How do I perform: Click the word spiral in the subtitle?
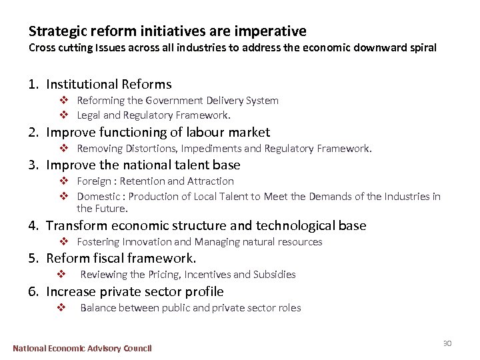[x=420, y=48]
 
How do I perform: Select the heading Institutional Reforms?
[x=109, y=84]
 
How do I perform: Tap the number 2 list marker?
[x=33, y=132]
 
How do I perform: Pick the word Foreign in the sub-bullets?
[x=95, y=181]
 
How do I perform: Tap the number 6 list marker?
[x=33, y=291]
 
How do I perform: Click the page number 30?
[x=447, y=343]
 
